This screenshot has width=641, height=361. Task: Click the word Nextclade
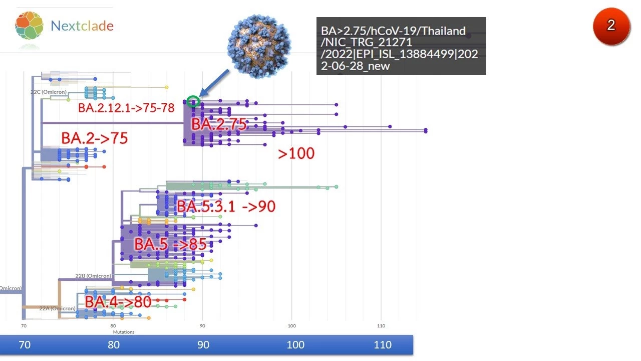click(82, 26)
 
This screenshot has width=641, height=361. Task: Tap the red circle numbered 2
click(610, 26)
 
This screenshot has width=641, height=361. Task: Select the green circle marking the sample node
click(193, 101)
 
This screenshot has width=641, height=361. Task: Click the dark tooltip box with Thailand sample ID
click(401, 46)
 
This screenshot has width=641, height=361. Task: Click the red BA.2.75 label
click(219, 124)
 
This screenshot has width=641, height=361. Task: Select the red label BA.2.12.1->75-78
click(126, 108)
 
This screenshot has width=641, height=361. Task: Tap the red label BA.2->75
click(94, 138)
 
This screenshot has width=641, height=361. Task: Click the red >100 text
click(296, 153)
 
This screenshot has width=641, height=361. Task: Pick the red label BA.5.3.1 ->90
click(226, 206)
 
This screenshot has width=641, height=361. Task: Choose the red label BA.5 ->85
click(170, 245)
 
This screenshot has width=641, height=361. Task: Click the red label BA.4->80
click(118, 302)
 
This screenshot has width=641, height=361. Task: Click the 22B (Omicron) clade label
click(86, 276)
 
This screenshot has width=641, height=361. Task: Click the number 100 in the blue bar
click(295, 345)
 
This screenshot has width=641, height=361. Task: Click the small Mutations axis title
click(123, 331)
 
